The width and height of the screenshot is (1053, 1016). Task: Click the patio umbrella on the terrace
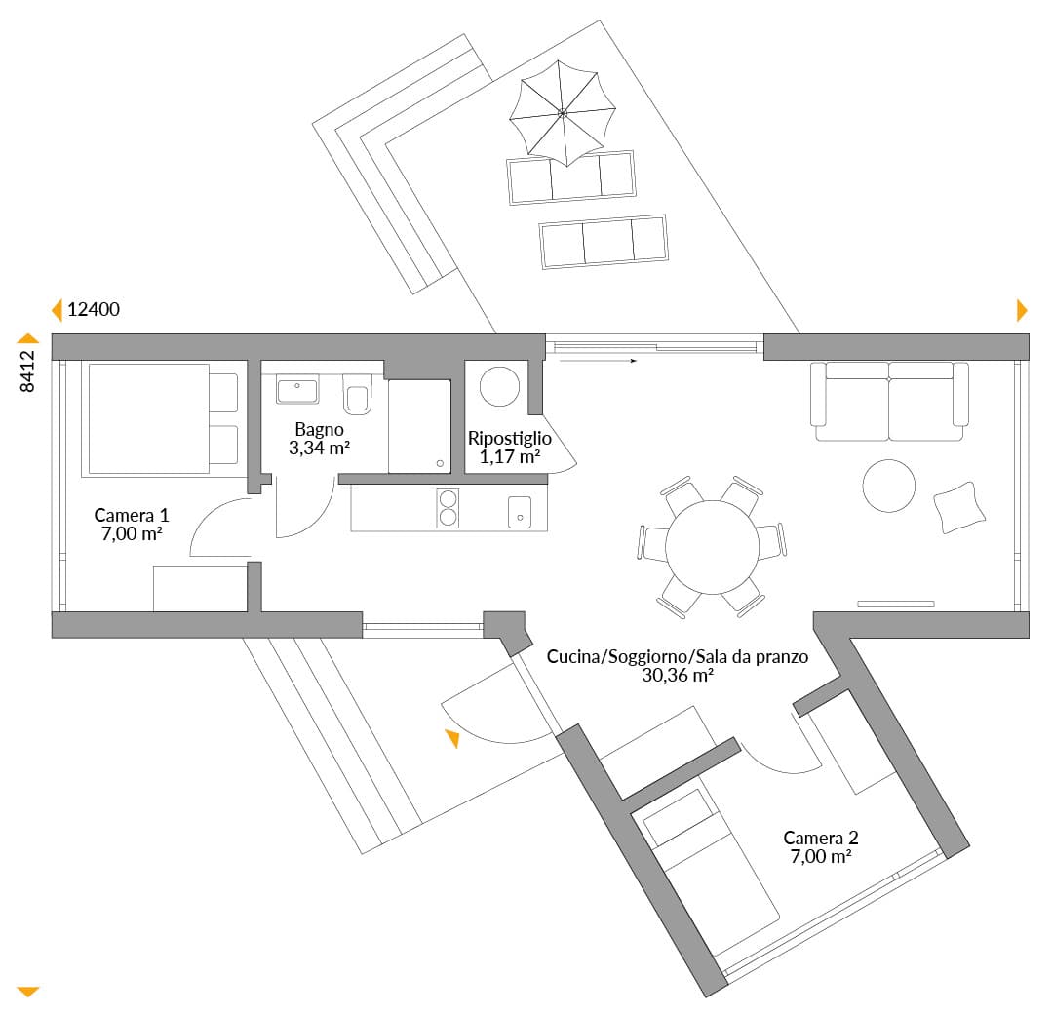click(x=563, y=113)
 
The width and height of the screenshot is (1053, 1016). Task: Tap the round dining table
click(x=712, y=547)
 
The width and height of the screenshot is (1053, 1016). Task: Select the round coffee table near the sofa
click(x=888, y=486)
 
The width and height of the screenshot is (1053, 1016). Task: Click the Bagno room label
click(x=319, y=430)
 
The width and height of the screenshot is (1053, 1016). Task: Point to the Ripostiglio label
click(x=510, y=439)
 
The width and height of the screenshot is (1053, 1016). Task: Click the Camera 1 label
click(x=132, y=515)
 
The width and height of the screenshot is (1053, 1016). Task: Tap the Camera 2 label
click(x=821, y=838)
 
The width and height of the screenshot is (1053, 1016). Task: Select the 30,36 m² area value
click(x=678, y=675)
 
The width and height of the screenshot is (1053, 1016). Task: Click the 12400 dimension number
click(x=94, y=309)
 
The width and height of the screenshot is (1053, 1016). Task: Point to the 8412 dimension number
click(x=27, y=371)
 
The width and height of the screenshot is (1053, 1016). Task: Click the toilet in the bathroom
click(x=357, y=394)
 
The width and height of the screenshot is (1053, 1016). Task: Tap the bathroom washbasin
click(x=296, y=389)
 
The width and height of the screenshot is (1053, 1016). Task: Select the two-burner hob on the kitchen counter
click(x=448, y=508)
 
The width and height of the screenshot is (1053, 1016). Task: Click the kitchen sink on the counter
click(x=520, y=512)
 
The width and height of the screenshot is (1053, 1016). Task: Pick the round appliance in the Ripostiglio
click(x=499, y=386)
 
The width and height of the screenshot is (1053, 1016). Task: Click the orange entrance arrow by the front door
click(x=452, y=738)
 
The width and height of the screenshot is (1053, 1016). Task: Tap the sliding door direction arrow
click(x=598, y=361)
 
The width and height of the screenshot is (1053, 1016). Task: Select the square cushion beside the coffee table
click(x=959, y=508)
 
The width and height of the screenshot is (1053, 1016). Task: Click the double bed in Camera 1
click(x=160, y=419)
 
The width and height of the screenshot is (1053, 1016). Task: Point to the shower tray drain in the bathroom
click(x=440, y=463)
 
